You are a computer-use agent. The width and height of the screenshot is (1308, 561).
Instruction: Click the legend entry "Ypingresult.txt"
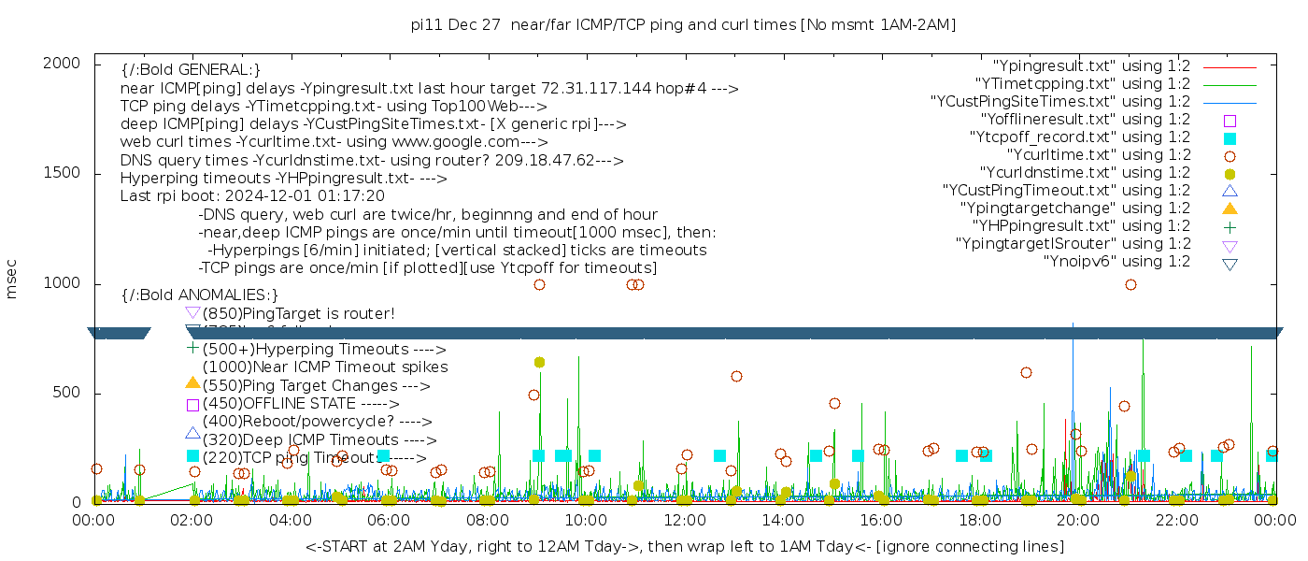coord(1091,66)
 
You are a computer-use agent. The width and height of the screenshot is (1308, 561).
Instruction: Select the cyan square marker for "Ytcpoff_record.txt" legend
coord(1230,137)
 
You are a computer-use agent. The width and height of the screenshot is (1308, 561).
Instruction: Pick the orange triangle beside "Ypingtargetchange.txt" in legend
coord(1230,209)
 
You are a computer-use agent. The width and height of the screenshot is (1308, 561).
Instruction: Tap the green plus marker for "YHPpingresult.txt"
coord(1230,226)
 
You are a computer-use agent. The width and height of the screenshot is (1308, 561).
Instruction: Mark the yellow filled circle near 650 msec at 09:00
coord(539,362)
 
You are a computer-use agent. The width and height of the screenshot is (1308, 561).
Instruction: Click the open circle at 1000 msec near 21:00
coord(1130,284)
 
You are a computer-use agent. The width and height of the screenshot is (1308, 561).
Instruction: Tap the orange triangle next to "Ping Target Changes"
coord(192,382)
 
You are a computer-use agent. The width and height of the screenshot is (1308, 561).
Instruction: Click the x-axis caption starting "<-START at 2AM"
coord(684,546)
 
